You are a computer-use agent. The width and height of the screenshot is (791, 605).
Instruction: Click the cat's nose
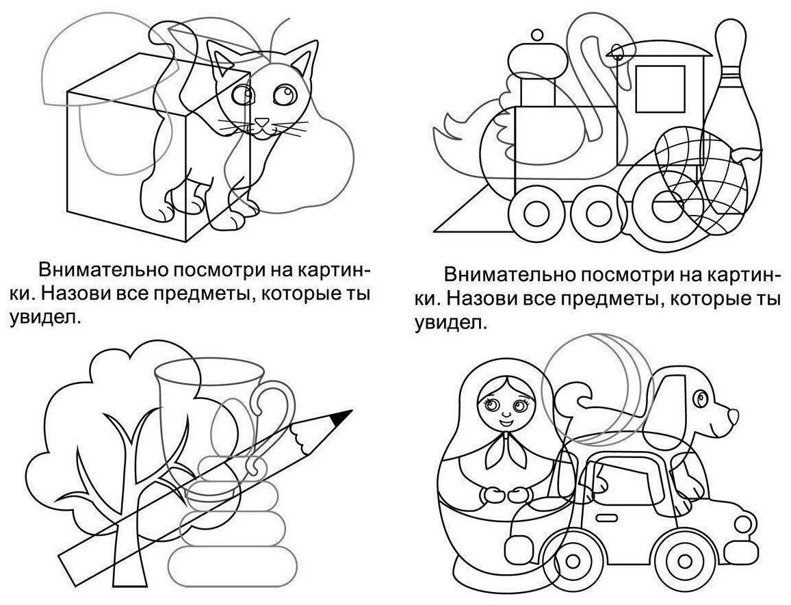(261, 122)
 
